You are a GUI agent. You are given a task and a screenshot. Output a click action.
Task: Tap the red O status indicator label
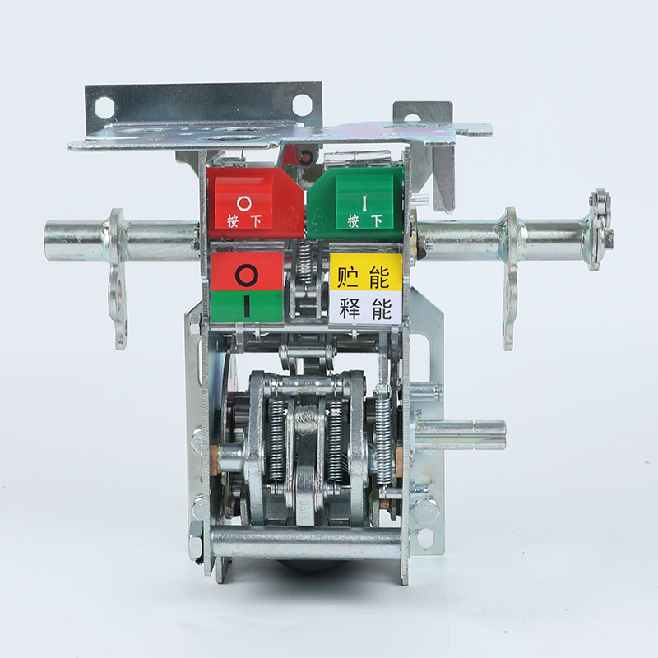point(247,271)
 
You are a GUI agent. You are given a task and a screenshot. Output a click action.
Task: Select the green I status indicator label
point(247,307)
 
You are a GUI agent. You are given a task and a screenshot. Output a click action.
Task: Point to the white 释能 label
point(365,308)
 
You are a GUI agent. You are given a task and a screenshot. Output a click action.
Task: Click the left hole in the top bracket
point(104,108)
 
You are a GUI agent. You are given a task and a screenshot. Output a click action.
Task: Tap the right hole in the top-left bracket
point(302,104)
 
